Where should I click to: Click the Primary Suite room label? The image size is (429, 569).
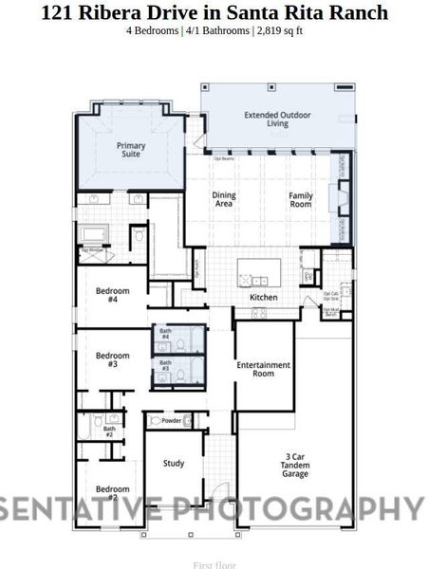(131, 150)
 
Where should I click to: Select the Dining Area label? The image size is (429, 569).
(224, 199)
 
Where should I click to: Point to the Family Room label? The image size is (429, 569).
(301, 199)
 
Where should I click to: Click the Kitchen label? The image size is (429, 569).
(263, 298)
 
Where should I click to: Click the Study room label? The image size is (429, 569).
(174, 464)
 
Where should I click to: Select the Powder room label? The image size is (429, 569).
(172, 420)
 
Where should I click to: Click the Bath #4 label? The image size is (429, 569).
(164, 334)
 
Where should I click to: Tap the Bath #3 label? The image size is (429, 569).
(164, 365)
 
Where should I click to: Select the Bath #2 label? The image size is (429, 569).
(108, 431)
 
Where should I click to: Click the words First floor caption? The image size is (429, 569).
(214, 564)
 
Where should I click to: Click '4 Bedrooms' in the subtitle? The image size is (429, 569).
(153, 30)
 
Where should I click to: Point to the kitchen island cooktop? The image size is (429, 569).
(255, 280)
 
